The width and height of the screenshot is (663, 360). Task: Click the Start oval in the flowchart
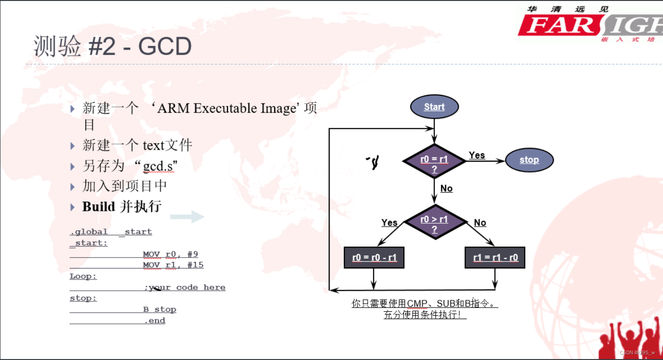(434, 107)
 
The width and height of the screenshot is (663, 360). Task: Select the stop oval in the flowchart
(529, 160)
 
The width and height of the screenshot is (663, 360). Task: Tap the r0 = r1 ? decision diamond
(434, 161)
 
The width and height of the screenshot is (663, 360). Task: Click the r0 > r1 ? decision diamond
(434, 222)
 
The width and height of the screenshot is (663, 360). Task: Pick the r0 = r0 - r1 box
(374, 258)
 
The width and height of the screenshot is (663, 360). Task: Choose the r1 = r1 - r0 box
(495, 258)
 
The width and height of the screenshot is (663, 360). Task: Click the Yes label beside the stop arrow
(477, 155)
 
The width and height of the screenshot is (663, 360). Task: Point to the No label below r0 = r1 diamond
(446, 188)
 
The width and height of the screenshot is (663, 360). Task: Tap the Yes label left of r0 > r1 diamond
(389, 223)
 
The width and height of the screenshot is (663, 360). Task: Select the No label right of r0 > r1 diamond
(480, 223)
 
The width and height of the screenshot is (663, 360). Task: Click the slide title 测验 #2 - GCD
(113, 47)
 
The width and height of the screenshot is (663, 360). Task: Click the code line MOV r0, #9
(170, 254)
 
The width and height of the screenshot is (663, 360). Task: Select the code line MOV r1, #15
(173, 265)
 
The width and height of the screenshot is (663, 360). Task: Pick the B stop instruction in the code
(160, 309)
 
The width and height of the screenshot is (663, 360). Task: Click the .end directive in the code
(155, 321)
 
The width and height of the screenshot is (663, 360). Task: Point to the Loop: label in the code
(83, 277)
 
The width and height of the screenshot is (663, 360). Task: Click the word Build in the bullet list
(99, 206)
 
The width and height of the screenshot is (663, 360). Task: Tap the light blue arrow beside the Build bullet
(187, 217)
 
